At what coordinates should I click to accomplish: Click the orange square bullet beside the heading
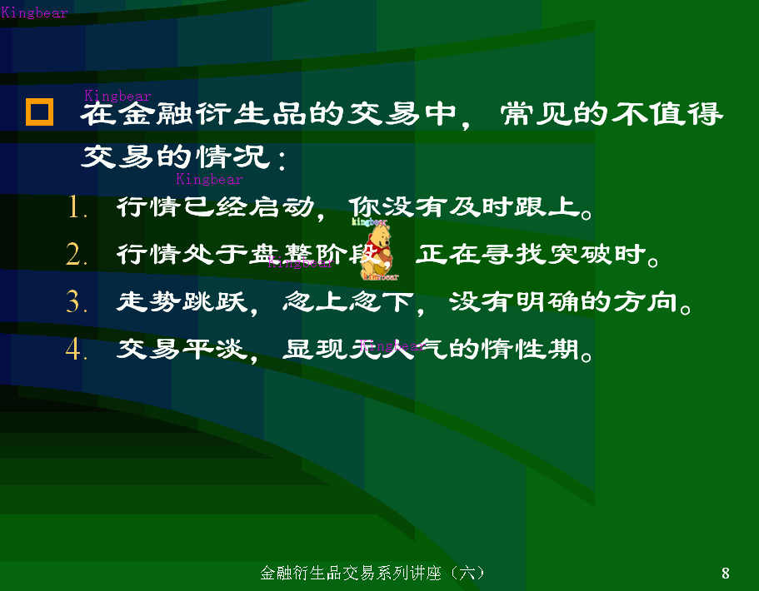click(39, 112)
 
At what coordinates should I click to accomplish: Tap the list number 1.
click(77, 208)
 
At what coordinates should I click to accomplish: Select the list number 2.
click(77, 255)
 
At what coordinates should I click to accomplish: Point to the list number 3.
click(77, 302)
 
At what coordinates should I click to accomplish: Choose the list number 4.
click(77, 350)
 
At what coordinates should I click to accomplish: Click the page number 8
click(726, 573)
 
